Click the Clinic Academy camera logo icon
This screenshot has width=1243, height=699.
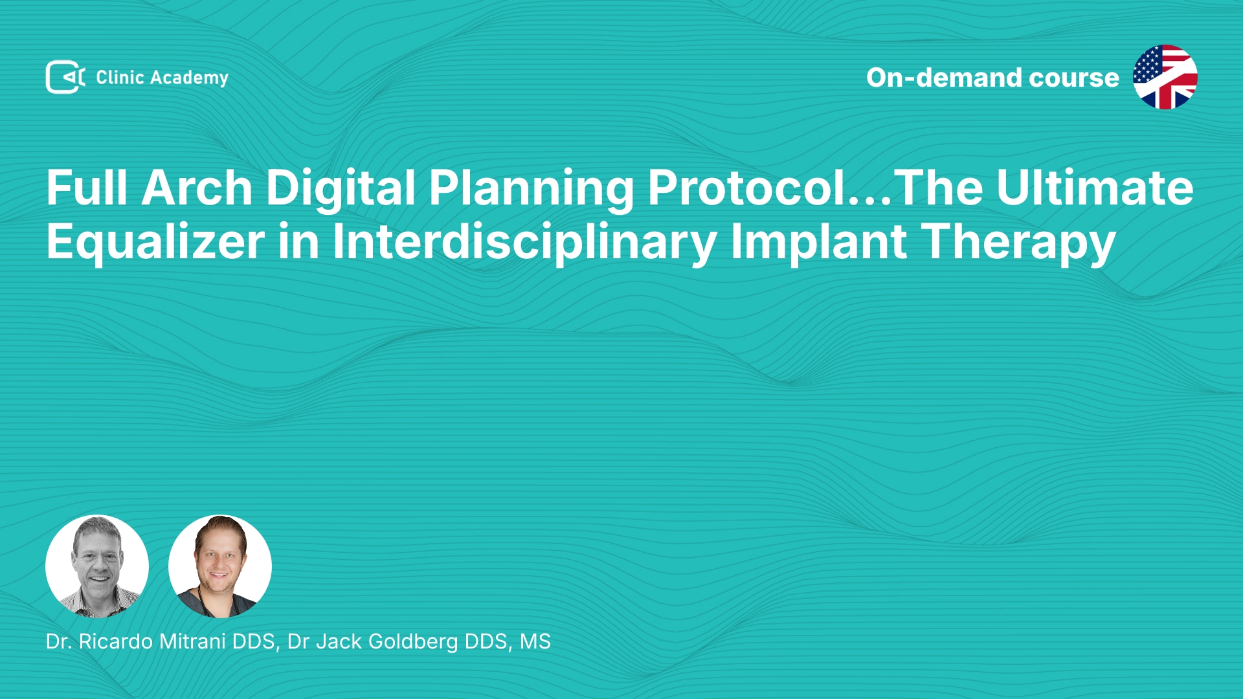point(65,77)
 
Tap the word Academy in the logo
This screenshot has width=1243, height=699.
point(189,78)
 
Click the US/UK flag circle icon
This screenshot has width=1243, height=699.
point(1165,77)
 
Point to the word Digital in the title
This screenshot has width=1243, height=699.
point(341,188)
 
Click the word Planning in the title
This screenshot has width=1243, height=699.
point(532,189)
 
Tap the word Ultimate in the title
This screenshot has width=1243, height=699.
point(1095,188)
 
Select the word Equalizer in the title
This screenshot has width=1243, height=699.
point(155,242)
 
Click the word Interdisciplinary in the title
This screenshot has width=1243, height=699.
point(524,242)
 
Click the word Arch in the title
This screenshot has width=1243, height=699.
point(197,188)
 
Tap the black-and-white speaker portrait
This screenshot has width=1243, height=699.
point(97,566)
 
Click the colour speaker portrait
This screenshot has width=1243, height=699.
point(220,566)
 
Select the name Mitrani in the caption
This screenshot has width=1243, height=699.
point(192,641)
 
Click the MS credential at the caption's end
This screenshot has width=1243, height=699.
point(535,641)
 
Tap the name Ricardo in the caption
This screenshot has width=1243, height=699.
point(116,641)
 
